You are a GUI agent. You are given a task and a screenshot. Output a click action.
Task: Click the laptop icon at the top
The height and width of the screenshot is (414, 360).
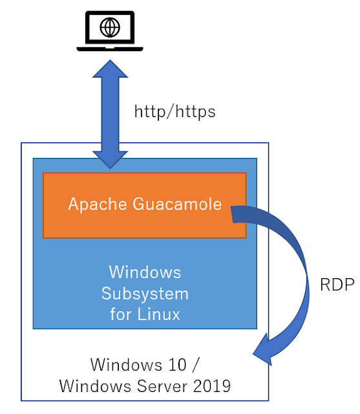(111, 31)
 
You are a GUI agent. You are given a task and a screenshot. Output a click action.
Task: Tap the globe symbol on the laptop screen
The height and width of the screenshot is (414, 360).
(111, 27)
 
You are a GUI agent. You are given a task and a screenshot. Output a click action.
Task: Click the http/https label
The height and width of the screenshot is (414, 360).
(175, 111)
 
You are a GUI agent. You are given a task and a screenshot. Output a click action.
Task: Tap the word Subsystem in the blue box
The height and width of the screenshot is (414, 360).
(145, 293)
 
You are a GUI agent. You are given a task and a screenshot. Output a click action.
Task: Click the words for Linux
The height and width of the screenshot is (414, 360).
(145, 314)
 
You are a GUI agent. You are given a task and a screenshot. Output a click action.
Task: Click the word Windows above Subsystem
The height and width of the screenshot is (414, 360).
(145, 271)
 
